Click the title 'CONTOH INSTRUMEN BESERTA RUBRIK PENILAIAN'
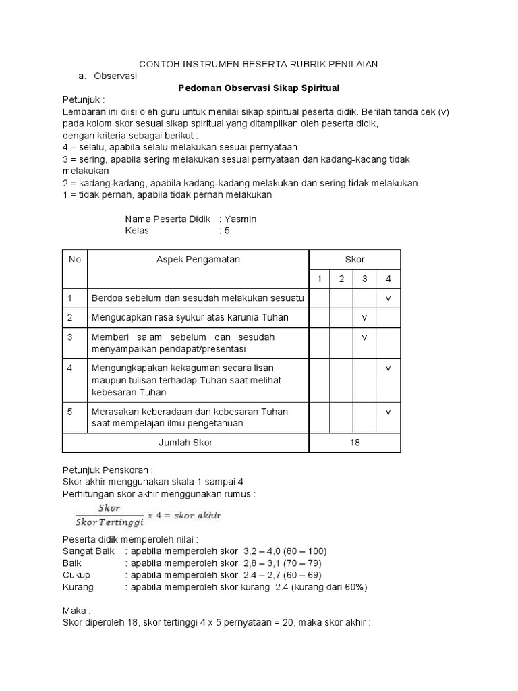[x=258, y=63]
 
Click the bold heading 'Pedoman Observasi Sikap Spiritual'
[x=258, y=88]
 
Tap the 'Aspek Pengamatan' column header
[x=198, y=260]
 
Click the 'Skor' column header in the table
[x=355, y=260]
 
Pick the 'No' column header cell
[x=74, y=260]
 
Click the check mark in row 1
[x=388, y=298]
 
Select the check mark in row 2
[x=365, y=317]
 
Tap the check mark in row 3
[x=365, y=337]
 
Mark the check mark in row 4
[x=388, y=368]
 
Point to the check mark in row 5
[x=388, y=411]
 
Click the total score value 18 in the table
[x=355, y=443]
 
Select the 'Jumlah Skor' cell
[x=185, y=443]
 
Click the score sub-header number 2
[x=342, y=279]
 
